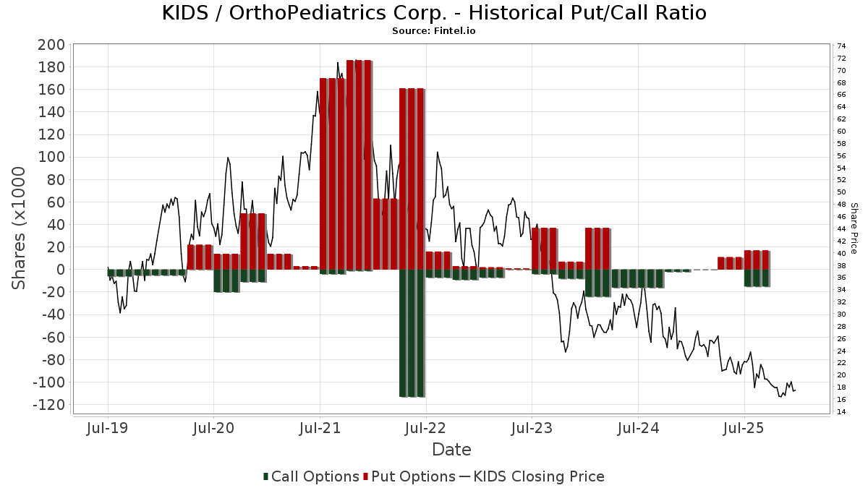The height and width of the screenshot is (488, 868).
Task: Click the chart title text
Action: point(433,13)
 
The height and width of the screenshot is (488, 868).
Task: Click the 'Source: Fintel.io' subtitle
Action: point(433,31)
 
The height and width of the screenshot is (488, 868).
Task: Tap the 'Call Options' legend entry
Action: point(311,476)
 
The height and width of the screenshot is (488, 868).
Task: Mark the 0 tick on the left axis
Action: point(61,270)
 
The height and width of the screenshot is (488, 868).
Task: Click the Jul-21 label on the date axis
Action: point(320,428)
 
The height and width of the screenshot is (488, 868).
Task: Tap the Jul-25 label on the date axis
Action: point(744,428)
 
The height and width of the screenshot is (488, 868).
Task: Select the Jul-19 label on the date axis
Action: point(108,428)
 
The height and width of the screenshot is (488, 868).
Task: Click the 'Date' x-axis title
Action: point(451,450)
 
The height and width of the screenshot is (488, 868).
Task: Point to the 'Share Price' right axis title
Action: point(854,228)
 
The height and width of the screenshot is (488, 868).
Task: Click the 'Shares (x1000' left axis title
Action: point(20,228)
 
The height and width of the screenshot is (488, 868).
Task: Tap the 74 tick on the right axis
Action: point(841,46)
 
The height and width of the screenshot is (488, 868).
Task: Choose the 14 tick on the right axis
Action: point(841,412)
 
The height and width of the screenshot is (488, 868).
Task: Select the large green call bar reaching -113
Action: point(412,333)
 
